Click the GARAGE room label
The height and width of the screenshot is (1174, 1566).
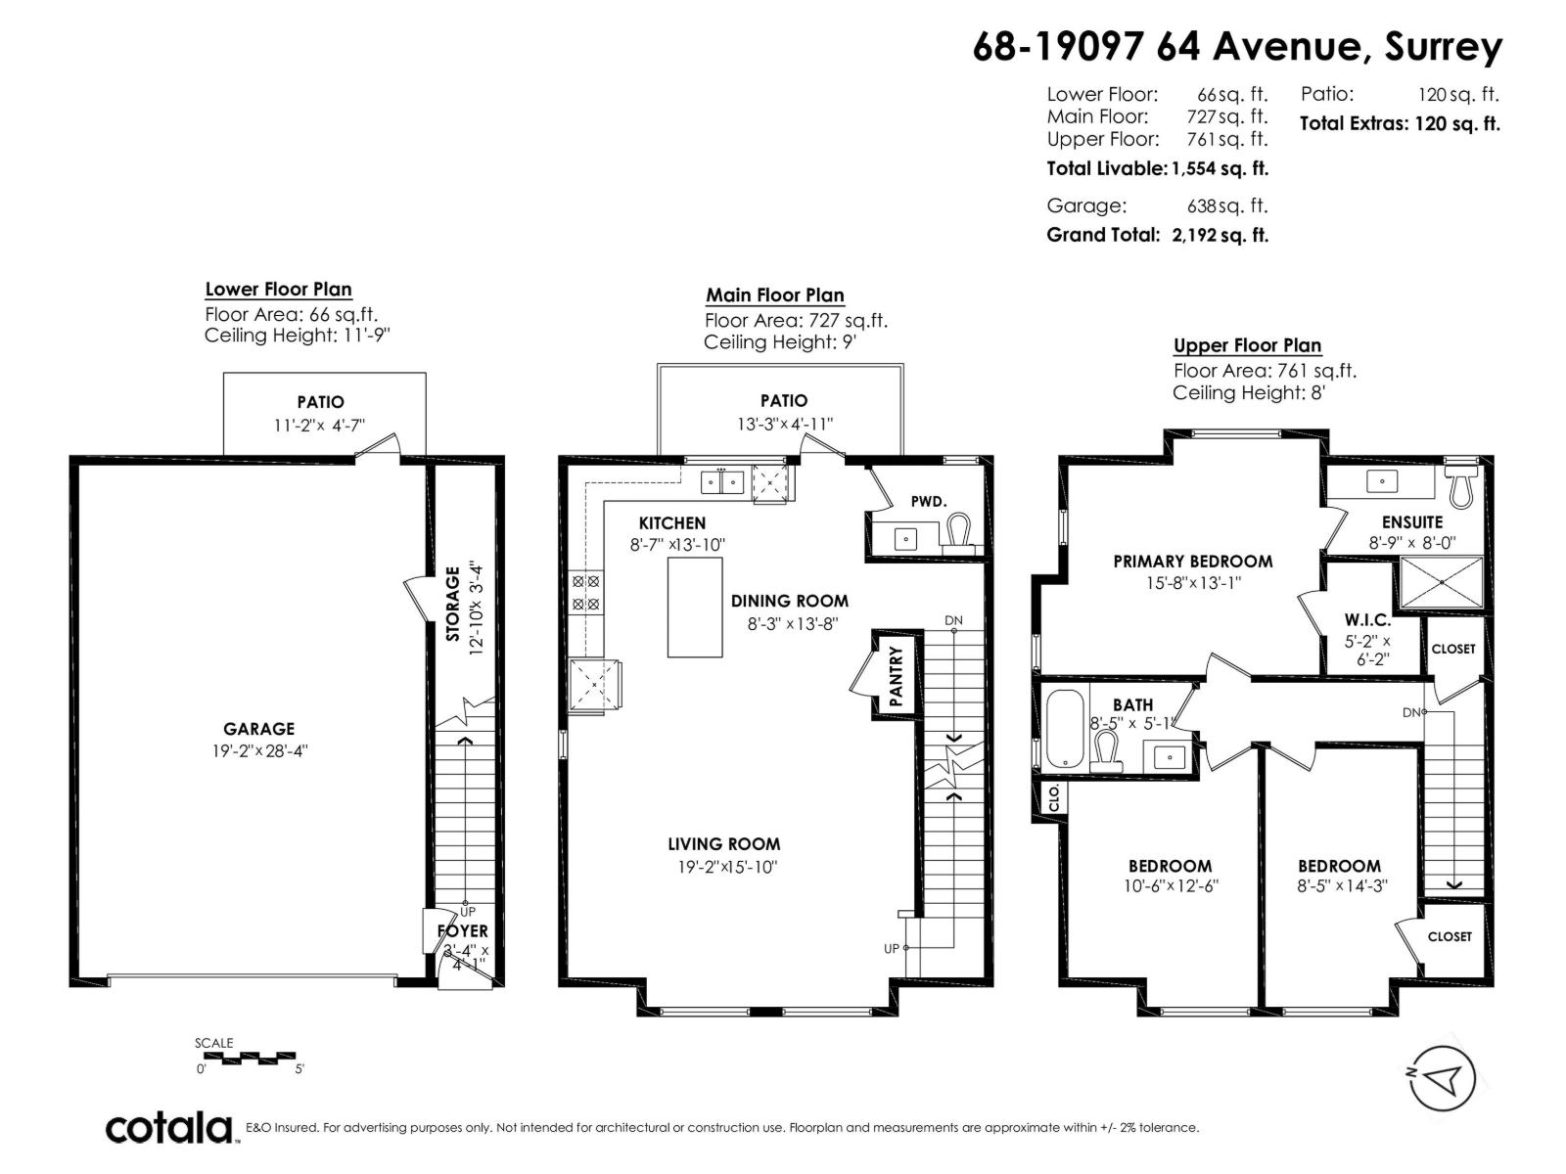click(258, 729)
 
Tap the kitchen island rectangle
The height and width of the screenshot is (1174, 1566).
click(695, 607)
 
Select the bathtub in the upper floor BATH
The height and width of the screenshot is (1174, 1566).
click(1065, 729)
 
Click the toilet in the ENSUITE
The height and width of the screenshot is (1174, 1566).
click(1461, 485)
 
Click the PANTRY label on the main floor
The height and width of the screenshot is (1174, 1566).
click(895, 676)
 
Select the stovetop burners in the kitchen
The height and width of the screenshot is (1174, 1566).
click(585, 592)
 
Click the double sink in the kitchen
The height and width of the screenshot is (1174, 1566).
click(722, 481)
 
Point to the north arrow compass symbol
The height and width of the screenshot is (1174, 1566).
click(1441, 1077)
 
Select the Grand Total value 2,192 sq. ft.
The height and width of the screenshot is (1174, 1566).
click(1220, 235)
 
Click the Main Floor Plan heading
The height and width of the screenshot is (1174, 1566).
click(774, 295)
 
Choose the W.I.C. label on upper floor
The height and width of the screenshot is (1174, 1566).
click(1366, 620)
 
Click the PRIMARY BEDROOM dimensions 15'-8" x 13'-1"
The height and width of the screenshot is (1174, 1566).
click(1192, 583)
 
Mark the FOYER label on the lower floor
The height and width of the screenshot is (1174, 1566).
click(462, 931)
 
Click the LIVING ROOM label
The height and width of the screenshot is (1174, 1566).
click(724, 844)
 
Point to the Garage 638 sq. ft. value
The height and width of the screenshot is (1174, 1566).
click(1226, 205)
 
